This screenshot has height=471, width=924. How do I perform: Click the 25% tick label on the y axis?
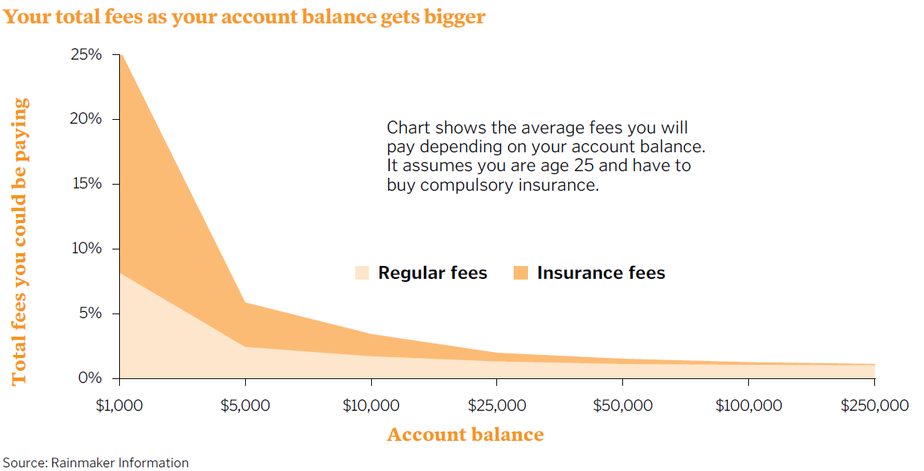86,54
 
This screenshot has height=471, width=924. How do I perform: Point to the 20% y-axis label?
86,118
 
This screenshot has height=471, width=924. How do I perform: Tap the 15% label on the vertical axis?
87,183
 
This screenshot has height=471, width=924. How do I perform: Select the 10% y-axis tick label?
87,248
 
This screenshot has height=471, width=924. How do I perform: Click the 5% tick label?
91,313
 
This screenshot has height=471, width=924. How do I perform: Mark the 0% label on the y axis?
90,378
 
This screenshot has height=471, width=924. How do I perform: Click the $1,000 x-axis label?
119,405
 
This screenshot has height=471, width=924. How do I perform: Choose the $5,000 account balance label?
245,405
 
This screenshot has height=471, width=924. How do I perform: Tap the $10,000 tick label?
371,405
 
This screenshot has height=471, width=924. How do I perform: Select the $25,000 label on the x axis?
496,405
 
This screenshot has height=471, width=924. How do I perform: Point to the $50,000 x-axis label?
622,405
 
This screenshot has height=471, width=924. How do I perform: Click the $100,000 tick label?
748,405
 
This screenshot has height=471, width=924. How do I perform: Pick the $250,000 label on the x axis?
874,405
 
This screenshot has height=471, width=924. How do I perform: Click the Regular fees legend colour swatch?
362,273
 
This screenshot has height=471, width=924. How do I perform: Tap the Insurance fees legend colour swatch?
520,273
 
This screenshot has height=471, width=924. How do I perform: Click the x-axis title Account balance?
465,434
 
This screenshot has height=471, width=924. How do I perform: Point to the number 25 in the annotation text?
584,166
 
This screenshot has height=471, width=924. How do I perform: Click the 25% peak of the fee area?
121,55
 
